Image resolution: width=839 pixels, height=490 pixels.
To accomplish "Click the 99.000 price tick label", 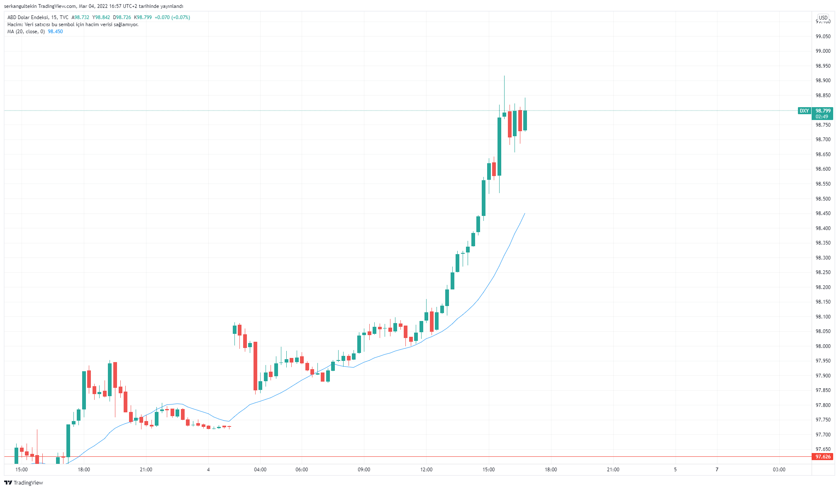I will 823,51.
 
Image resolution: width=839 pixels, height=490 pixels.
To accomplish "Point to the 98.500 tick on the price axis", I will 823,199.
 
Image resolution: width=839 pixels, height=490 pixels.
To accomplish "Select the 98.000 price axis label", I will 823,346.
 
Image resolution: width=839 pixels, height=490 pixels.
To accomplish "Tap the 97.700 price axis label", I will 823,435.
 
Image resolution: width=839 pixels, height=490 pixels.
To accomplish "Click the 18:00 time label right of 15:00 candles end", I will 551,470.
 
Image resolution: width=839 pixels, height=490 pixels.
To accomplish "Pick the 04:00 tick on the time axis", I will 260,470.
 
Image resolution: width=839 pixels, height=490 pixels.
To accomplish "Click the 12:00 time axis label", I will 426,470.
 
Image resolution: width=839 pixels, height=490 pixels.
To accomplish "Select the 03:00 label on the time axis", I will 779,470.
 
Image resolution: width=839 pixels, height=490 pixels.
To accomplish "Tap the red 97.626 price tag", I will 823,457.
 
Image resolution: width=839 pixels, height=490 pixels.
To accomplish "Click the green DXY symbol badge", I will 804,111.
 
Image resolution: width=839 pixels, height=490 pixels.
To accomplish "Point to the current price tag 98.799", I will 823,111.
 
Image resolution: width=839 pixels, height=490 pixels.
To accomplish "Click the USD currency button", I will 823,18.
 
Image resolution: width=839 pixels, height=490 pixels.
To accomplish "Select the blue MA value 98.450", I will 55,32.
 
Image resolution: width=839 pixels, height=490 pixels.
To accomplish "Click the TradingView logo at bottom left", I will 24,483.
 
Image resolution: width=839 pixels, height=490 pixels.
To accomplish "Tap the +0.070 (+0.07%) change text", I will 172,17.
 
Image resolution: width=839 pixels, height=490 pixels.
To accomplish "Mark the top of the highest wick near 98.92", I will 504,76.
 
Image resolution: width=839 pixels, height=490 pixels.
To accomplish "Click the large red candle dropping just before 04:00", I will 255,365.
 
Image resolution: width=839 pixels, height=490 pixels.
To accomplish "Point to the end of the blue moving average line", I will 525,213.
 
